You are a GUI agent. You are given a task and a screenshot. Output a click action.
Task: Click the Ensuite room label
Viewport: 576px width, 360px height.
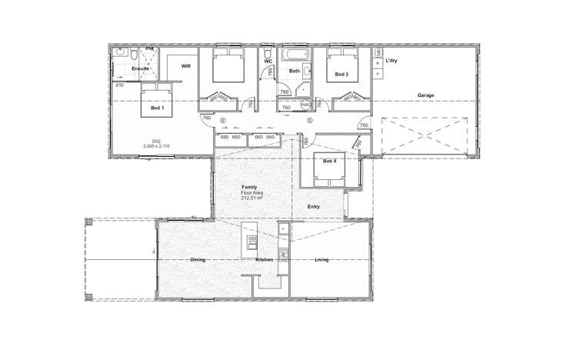click(x=140, y=69)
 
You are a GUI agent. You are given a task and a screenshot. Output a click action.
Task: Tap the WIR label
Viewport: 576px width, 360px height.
click(x=185, y=66)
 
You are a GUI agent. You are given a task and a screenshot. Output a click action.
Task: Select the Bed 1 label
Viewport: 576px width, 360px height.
click(x=157, y=108)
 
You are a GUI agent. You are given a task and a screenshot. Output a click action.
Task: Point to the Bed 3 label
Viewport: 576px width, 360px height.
click(x=341, y=75)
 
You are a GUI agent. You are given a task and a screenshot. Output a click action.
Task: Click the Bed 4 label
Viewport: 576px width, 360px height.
click(x=329, y=161)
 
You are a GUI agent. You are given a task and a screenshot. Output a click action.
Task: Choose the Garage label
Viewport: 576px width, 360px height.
click(x=426, y=95)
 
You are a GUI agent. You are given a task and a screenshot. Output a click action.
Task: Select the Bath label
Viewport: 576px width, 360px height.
click(x=295, y=72)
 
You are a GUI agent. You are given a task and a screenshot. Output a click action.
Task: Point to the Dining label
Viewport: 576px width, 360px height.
click(x=198, y=261)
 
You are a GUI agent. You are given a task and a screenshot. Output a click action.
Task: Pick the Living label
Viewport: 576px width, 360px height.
click(x=321, y=261)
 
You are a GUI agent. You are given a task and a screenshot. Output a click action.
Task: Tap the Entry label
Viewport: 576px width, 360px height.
click(x=314, y=206)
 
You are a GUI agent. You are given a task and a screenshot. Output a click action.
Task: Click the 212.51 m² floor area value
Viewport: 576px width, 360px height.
click(x=249, y=198)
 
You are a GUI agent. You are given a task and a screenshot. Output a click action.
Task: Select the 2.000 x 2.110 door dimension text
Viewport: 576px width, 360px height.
click(x=156, y=146)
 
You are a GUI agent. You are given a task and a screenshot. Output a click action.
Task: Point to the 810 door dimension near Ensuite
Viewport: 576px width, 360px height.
click(x=119, y=85)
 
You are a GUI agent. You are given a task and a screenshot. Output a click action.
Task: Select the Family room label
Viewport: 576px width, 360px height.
click(x=249, y=187)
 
